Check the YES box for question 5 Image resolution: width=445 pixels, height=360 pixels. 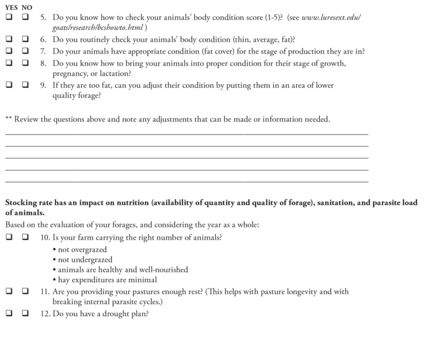(9, 17)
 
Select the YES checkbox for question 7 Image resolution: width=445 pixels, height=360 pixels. (9, 51)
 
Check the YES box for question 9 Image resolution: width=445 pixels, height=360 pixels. (9, 85)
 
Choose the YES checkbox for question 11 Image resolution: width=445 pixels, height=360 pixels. (9, 291)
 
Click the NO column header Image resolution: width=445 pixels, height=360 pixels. (27, 8)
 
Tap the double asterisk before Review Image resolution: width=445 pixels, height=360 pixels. (8, 119)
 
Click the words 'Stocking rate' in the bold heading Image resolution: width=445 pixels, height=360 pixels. (27, 203)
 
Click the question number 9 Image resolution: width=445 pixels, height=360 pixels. (44, 85)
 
